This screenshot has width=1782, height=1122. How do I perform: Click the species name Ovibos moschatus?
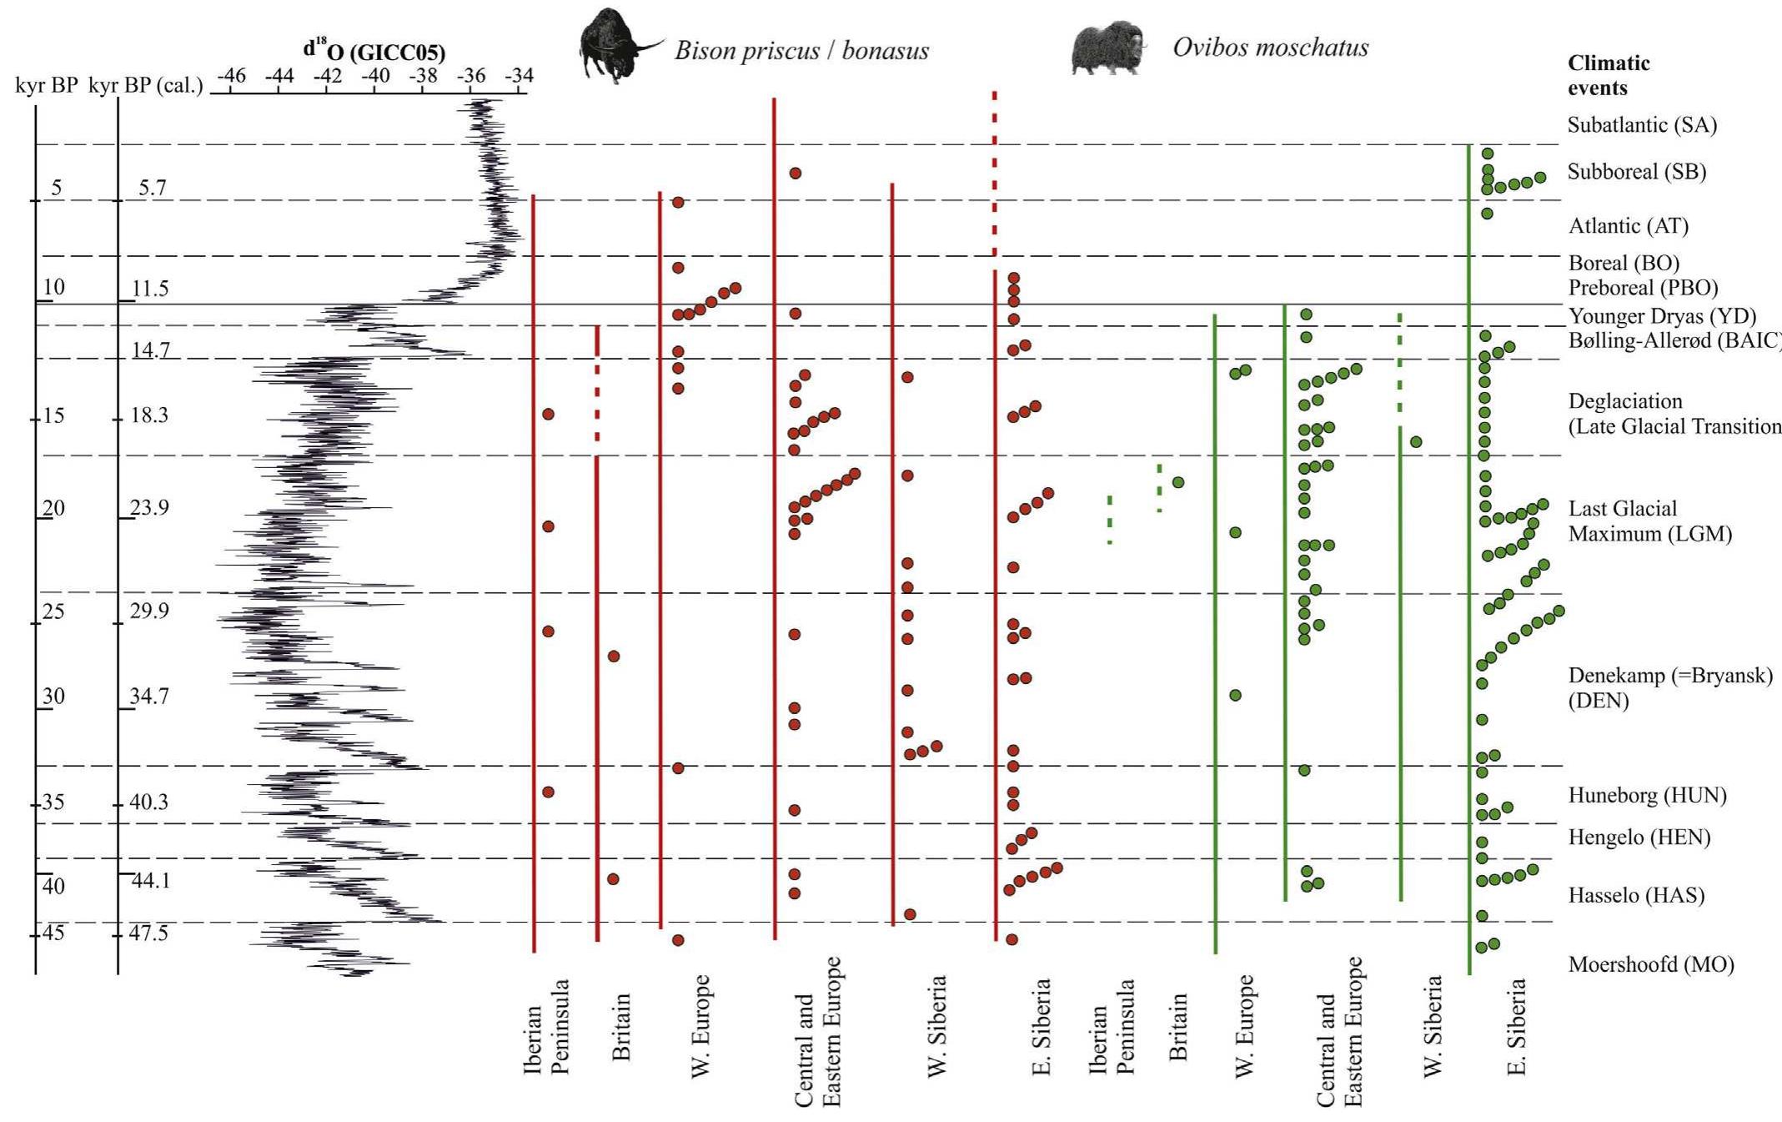[1270, 48]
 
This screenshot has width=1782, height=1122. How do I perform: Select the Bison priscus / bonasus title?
[801, 51]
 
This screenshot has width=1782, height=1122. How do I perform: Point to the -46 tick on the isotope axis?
[231, 77]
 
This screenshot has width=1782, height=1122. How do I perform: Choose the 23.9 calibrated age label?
[150, 508]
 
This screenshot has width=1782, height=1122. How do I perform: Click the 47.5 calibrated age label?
[149, 933]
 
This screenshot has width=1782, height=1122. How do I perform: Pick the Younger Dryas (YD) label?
[1661, 316]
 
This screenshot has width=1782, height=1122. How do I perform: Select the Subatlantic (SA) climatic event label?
[1641, 125]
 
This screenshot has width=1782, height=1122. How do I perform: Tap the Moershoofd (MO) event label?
[1650, 965]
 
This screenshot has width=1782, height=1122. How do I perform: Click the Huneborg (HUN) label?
[1647, 795]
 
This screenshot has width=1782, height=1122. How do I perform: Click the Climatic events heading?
[1609, 75]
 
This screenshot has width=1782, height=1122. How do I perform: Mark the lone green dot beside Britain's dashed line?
[1178, 482]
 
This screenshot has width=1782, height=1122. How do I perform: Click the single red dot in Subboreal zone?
[796, 174]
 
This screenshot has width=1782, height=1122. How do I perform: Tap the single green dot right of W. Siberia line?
[1416, 441]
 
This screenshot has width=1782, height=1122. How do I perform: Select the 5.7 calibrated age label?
[153, 188]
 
